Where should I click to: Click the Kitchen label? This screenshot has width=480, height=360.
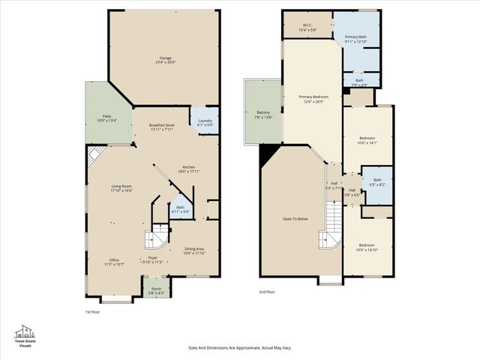pos(188,169)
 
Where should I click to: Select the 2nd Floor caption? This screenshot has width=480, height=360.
pos(267,292)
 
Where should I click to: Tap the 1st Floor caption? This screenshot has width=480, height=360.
pos(92,311)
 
